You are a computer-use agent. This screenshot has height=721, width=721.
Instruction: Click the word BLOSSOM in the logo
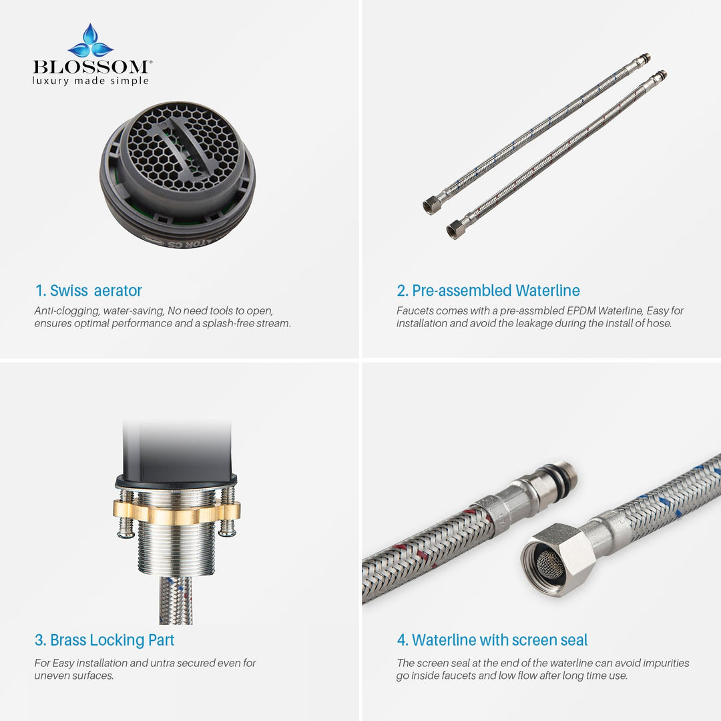[91, 67]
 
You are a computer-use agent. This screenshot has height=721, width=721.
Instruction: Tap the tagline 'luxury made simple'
[91, 81]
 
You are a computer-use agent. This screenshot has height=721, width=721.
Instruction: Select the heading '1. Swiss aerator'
[89, 290]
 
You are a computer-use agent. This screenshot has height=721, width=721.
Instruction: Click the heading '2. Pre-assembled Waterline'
[488, 290]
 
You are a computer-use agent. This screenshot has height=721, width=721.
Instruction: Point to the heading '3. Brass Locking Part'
[104, 640]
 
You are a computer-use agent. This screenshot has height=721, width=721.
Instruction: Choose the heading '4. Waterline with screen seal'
[492, 640]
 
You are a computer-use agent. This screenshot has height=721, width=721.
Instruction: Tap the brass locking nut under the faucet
[176, 512]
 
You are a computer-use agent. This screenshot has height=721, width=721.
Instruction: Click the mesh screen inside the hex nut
[550, 563]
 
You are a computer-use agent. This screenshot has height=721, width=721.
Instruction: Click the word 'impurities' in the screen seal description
[666, 663]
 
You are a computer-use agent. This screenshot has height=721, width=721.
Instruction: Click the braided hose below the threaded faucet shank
[176, 599]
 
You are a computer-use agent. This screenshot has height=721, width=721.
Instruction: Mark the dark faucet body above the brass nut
[177, 451]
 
